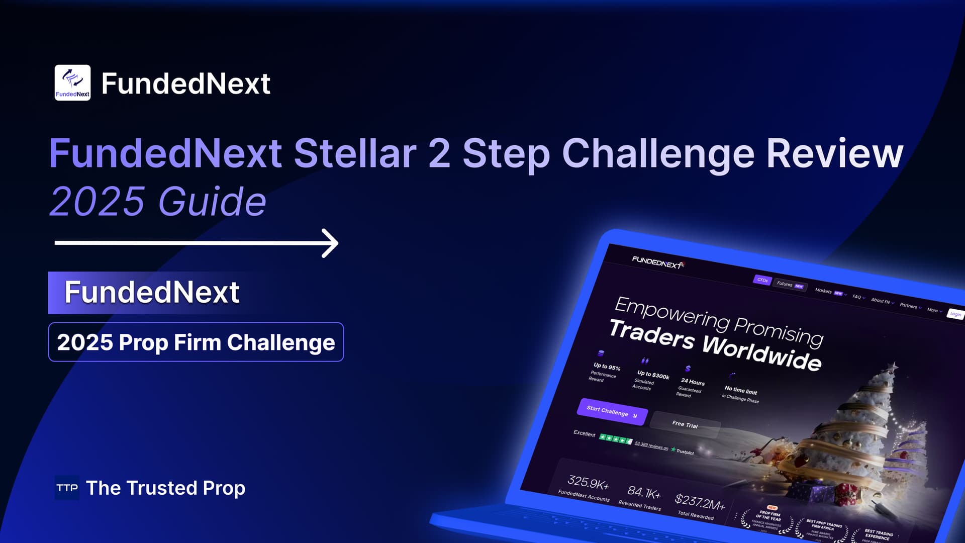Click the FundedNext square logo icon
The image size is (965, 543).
coord(72,82)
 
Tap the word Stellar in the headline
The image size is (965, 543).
coord(355,153)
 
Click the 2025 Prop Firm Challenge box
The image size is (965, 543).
coord(196,342)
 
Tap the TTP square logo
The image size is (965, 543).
coord(67,488)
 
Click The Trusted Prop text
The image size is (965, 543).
coord(166,488)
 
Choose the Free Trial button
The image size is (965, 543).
coord(685,424)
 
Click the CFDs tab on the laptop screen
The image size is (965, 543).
coord(762,280)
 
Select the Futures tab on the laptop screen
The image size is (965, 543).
coord(790,285)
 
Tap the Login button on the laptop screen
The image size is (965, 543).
coord(955,314)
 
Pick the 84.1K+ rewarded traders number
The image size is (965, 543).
coord(644,492)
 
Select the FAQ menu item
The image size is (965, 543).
coord(857,297)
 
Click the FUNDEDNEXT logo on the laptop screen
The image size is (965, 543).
coord(657,262)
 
